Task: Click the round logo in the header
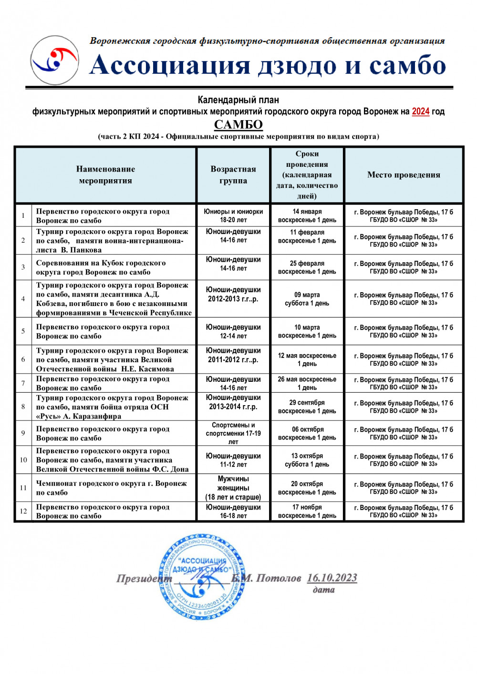click(54, 61)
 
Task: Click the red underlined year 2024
click(420, 112)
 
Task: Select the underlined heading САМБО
click(238, 124)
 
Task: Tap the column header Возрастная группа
click(233, 175)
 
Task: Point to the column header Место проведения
click(404, 175)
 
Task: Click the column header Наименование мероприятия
click(105, 175)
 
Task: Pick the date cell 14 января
click(307, 212)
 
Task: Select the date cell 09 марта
click(307, 295)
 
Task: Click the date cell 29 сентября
click(307, 403)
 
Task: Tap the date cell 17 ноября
click(307, 508)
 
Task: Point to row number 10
click(23, 460)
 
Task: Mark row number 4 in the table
click(23, 299)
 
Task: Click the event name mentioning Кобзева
click(114, 299)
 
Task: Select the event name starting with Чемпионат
click(111, 488)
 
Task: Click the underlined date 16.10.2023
click(332, 578)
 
